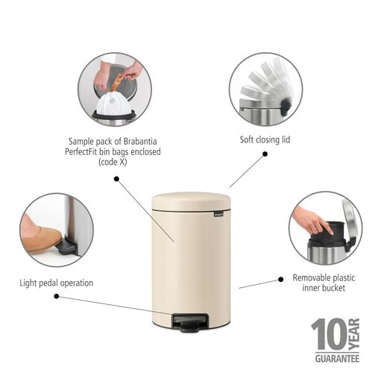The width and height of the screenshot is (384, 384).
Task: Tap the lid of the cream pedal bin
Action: click(x=191, y=201)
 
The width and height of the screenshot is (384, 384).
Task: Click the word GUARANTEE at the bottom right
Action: click(x=336, y=359)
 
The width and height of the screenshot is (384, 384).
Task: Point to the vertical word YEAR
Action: click(x=355, y=335)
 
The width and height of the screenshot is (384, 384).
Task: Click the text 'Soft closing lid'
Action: click(x=264, y=139)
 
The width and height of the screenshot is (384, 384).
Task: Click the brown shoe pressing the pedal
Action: click(x=41, y=237)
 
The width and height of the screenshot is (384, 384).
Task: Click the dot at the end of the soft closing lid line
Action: click(x=264, y=155)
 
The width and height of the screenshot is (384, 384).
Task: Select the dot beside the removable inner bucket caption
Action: click(x=280, y=279)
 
